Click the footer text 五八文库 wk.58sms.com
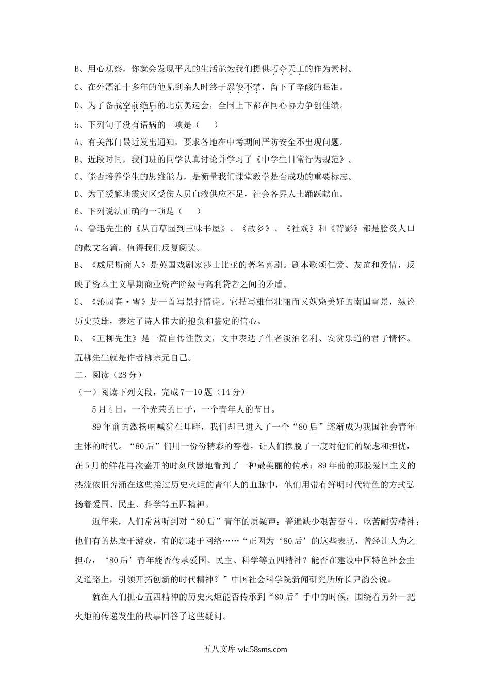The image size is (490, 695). (x=245, y=650)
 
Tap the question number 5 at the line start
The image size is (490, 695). (x=77, y=124)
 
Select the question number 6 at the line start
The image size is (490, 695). (x=77, y=211)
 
